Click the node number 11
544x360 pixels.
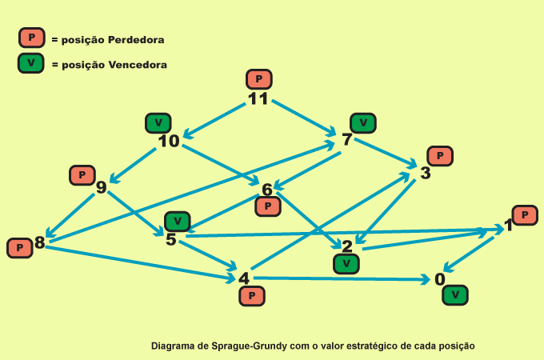click(x=258, y=99)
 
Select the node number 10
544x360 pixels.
click(x=168, y=142)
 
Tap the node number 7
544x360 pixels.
click(x=347, y=140)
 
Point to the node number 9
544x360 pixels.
click(x=101, y=188)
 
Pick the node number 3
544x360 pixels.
click(x=426, y=173)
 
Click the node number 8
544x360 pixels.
click(x=40, y=242)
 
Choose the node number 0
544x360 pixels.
click(x=439, y=279)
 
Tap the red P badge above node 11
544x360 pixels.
click(x=259, y=79)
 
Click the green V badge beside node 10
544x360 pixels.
click(x=158, y=123)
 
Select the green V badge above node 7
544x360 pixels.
click(x=363, y=123)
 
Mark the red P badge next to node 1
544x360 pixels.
click(x=525, y=215)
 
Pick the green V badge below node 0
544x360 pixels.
click(x=455, y=295)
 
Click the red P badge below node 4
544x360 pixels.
click(x=252, y=296)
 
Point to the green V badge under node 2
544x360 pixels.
click(x=346, y=263)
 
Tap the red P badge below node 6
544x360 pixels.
click(x=268, y=206)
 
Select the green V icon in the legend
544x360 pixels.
click(x=30, y=64)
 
